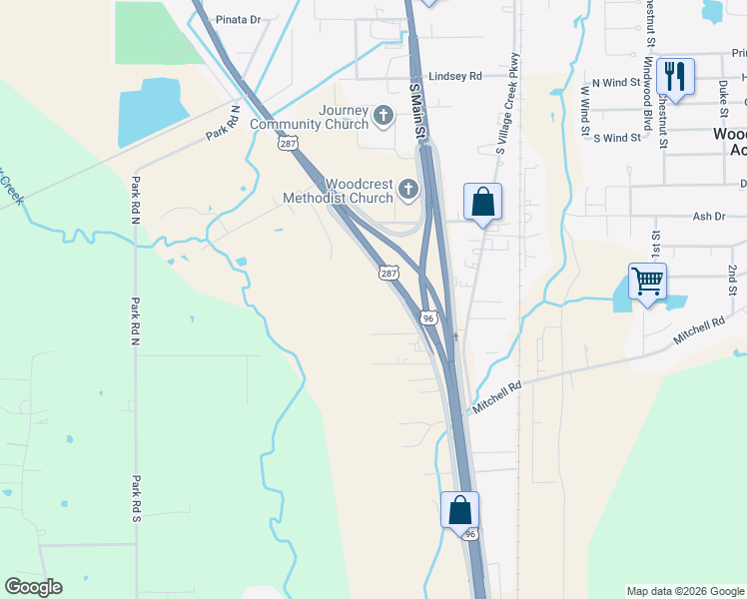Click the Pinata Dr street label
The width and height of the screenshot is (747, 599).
[x=238, y=19]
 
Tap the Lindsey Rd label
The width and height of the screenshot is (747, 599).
[x=454, y=76]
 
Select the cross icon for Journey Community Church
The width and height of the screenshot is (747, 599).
[x=382, y=118]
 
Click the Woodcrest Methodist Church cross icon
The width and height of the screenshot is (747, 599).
[x=407, y=189]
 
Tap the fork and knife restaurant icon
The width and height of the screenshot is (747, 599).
[x=675, y=76]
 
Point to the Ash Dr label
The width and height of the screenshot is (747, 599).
[x=707, y=216]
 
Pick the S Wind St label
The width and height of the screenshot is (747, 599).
[x=616, y=138]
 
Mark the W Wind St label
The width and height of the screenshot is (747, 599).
[x=585, y=104]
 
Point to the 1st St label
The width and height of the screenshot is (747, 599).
[x=656, y=243]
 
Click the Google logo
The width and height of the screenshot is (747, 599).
[x=34, y=587]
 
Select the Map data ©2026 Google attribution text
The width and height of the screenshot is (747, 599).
[x=685, y=591]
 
